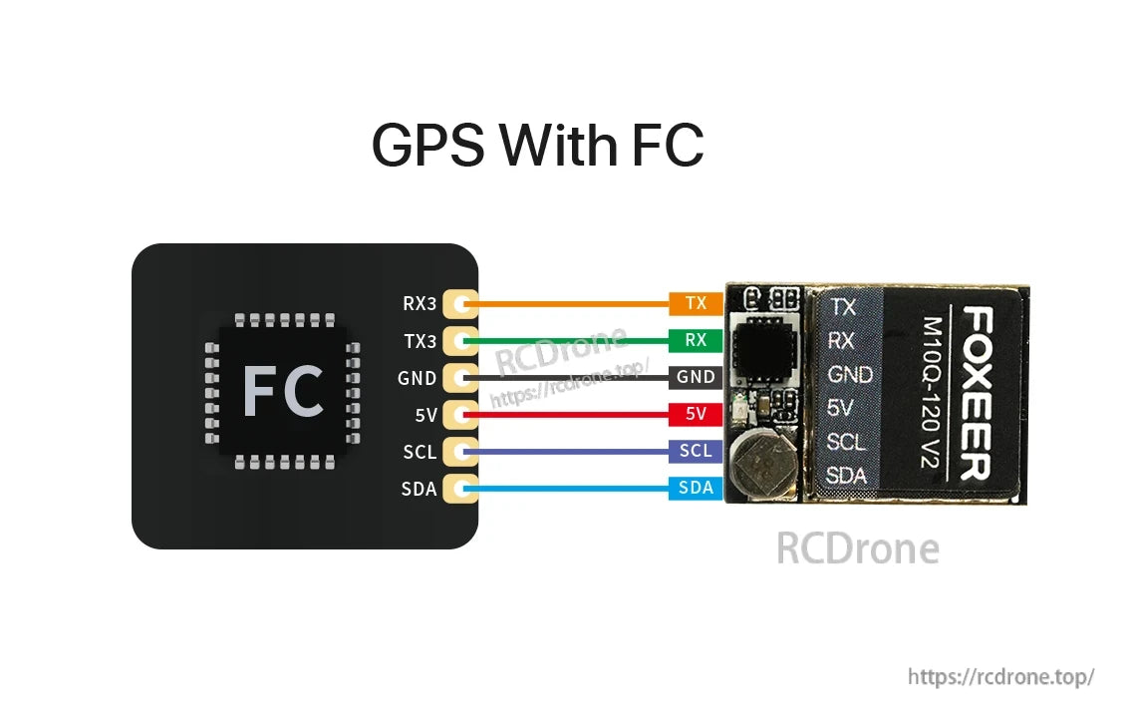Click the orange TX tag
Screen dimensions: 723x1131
click(696, 303)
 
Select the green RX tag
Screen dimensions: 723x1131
click(696, 340)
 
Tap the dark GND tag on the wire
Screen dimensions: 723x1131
click(696, 377)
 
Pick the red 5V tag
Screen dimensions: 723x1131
click(696, 414)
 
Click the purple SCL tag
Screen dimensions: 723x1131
click(696, 451)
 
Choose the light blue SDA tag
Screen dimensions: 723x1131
click(696, 488)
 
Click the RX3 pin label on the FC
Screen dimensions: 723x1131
click(420, 303)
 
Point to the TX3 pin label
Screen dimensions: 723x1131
click(420, 340)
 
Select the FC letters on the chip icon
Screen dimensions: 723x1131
click(283, 392)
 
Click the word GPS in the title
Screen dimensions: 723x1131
click(428, 146)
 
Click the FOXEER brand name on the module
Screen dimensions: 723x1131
click(977, 393)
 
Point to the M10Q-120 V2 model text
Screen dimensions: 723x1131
click(933, 393)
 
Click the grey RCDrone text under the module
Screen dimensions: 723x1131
click(857, 548)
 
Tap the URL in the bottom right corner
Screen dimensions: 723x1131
click(1000, 677)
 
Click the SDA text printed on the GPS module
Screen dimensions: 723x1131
click(846, 476)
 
